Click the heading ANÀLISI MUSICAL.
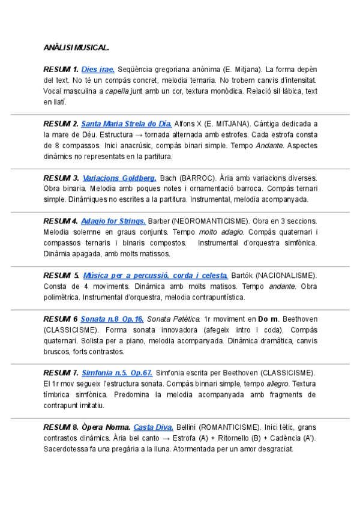pyautogui.click(x=76, y=47)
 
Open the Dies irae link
pyautogui.click(x=98, y=70)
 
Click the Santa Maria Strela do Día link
pyautogui.click(x=126, y=124)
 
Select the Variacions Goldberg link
pyautogui.click(x=119, y=178)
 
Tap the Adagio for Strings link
pyautogui.click(x=113, y=221)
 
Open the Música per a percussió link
pyautogui.click(x=155, y=275)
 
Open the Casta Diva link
pyautogui.click(x=153, y=427)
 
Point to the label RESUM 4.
pyautogui.click(x=61, y=221)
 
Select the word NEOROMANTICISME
pyautogui.click(x=209, y=221)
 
